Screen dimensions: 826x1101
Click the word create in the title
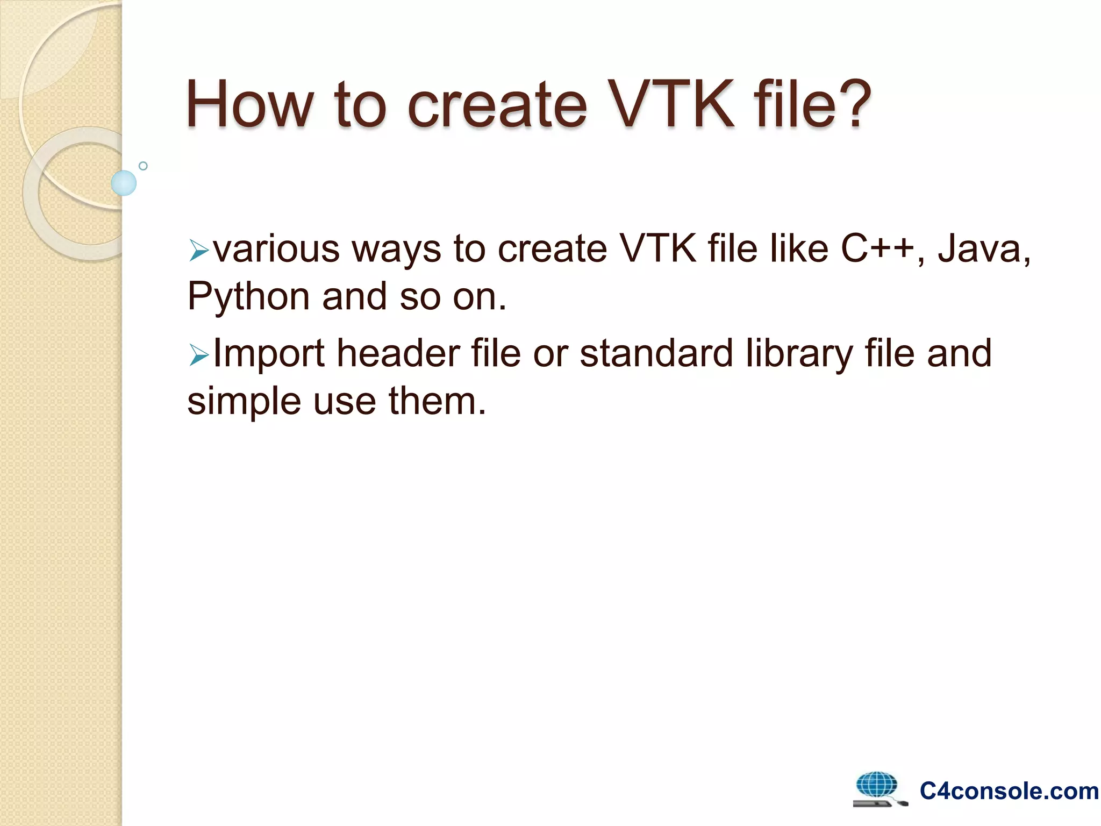[497, 105]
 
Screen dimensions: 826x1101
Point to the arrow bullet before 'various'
[198, 251]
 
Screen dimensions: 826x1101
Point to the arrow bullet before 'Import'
[198, 355]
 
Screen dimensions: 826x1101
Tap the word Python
[248, 297]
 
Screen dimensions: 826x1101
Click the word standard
[656, 353]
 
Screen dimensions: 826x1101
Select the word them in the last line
[437, 401]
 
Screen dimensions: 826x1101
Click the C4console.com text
[1009, 791]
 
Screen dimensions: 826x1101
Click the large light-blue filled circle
[124, 183]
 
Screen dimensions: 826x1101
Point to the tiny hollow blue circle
[143, 166]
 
